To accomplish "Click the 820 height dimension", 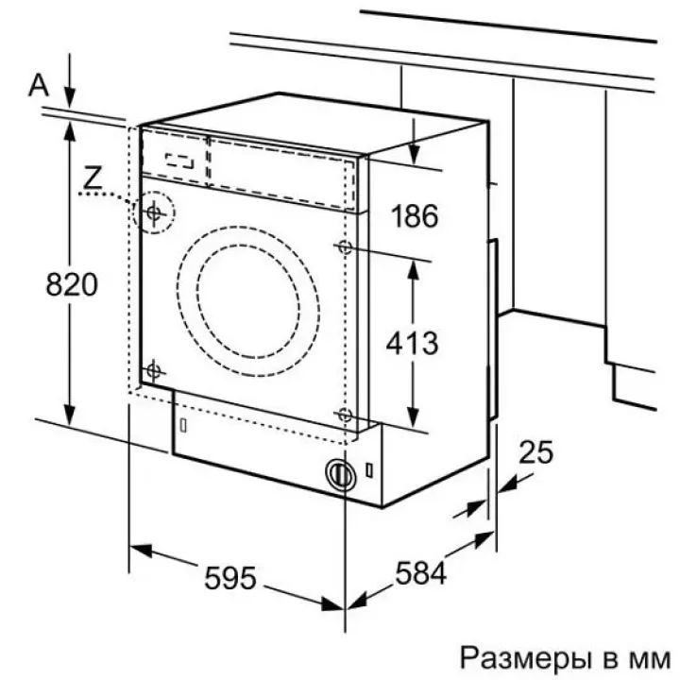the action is click(x=72, y=284).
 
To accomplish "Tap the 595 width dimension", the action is click(x=230, y=578).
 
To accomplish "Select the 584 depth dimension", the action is click(x=420, y=572).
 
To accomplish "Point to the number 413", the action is click(x=413, y=343).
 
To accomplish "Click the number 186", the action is click(x=415, y=216).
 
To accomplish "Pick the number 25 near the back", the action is click(x=536, y=452).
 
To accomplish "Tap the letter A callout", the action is click(x=39, y=85).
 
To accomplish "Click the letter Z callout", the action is click(x=93, y=178).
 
